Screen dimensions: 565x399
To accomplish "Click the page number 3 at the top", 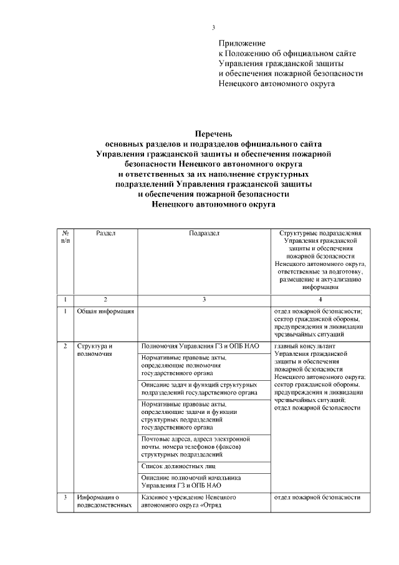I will pos(213,27).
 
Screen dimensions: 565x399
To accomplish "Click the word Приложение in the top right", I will pos(242,44).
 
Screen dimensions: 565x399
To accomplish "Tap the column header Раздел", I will pos(105,233).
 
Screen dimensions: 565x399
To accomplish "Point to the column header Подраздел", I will pos(204,233).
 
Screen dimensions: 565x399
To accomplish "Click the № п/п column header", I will pos(65,236).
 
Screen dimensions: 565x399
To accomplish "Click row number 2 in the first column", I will pos(65,345).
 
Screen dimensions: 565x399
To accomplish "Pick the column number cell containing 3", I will pos(204,299).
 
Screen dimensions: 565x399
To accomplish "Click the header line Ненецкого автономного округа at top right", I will pos(276,84).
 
